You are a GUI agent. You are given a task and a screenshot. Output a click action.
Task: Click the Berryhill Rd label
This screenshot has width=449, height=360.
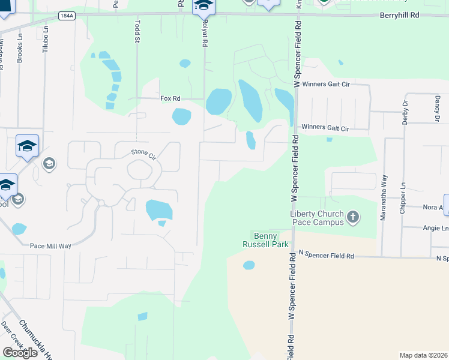(398, 17)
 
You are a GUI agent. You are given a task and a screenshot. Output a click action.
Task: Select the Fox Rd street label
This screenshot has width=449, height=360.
(170, 98)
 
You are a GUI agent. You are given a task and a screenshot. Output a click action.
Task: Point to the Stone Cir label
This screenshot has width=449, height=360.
(143, 154)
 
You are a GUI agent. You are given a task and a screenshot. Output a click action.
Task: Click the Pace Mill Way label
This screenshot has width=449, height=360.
(51, 245)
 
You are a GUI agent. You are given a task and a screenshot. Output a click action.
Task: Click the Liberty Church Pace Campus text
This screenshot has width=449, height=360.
(317, 218)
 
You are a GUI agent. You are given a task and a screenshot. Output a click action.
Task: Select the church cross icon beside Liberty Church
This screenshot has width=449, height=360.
(353, 217)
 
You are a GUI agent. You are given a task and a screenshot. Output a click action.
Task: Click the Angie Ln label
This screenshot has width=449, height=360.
(437, 229)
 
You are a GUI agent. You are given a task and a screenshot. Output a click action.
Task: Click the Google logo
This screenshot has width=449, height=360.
(20, 352)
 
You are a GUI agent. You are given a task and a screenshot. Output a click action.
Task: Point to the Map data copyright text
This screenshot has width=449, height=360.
(423, 355)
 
